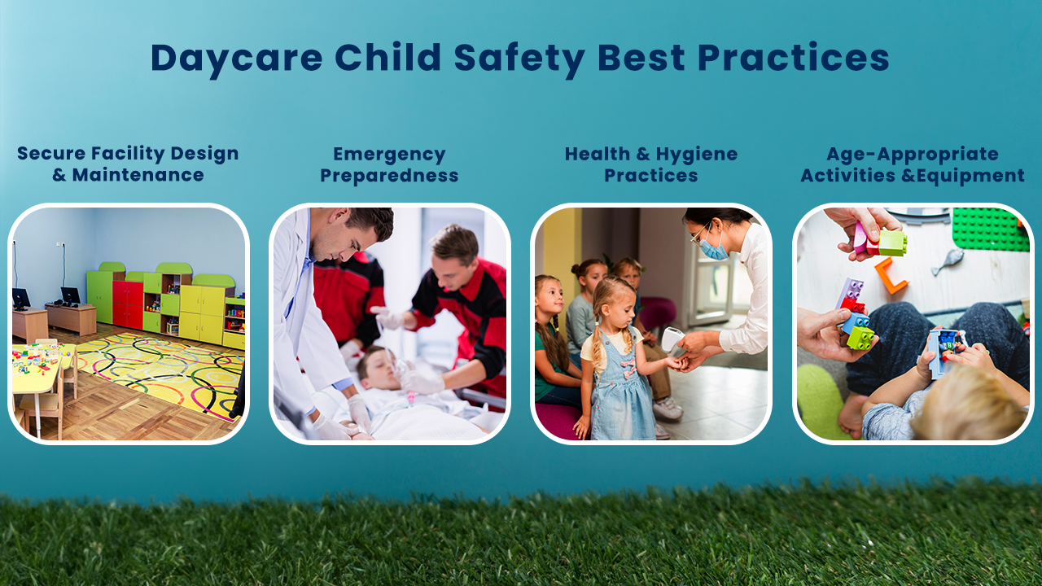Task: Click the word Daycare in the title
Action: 236,59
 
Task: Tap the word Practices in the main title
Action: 793,58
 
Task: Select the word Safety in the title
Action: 519,59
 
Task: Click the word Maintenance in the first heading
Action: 138,175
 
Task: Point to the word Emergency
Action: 389,155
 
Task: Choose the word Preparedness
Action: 389,177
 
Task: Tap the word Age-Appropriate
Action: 913,155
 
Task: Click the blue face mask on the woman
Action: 714,249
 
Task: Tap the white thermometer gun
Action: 672,338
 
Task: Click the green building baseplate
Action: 990,229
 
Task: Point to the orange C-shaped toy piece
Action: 891,276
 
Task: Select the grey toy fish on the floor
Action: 947,260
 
